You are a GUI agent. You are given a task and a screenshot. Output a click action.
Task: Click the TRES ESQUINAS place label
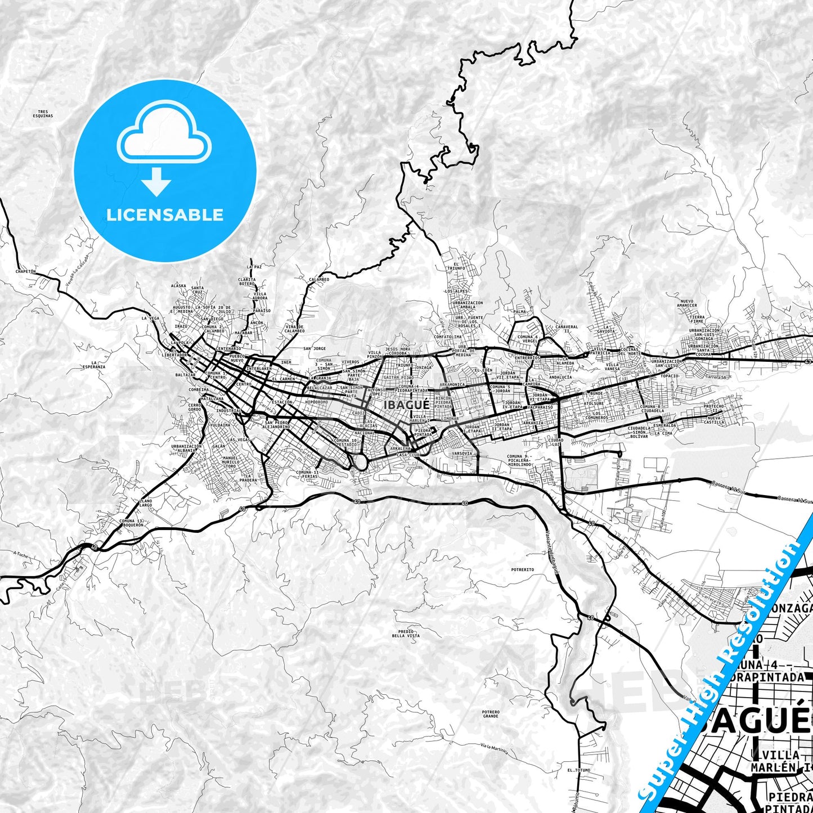tap(43, 114)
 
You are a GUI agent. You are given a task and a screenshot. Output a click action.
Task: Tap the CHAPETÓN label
tap(26, 271)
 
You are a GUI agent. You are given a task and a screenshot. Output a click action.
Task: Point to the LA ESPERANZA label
tap(94, 365)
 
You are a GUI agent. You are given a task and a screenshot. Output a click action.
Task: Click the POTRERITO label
tap(522, 569)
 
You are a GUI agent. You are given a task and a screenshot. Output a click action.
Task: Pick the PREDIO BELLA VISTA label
tap(406, 634)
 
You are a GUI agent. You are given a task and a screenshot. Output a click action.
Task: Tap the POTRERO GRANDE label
tap(491, 714)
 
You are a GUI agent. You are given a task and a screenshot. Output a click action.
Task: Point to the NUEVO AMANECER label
tap(687, 303)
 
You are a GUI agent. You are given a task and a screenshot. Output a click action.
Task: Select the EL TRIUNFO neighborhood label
tap(456, 266)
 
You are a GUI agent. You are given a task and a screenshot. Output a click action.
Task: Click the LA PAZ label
tap(254, 267)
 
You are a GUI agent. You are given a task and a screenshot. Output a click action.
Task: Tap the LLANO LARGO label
tap(145, 503)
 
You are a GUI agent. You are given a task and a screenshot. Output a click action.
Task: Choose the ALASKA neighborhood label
tap(178, 286)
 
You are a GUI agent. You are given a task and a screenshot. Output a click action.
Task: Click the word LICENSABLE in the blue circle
tap(165, 214)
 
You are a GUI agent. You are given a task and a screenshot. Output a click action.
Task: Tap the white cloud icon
tap(164, 135)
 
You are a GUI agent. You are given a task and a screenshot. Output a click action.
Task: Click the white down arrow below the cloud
tap(156, 181)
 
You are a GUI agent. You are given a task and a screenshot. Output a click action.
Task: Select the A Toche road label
tap(20, 554)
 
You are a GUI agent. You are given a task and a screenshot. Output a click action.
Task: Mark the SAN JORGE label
tap(315, 348)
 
